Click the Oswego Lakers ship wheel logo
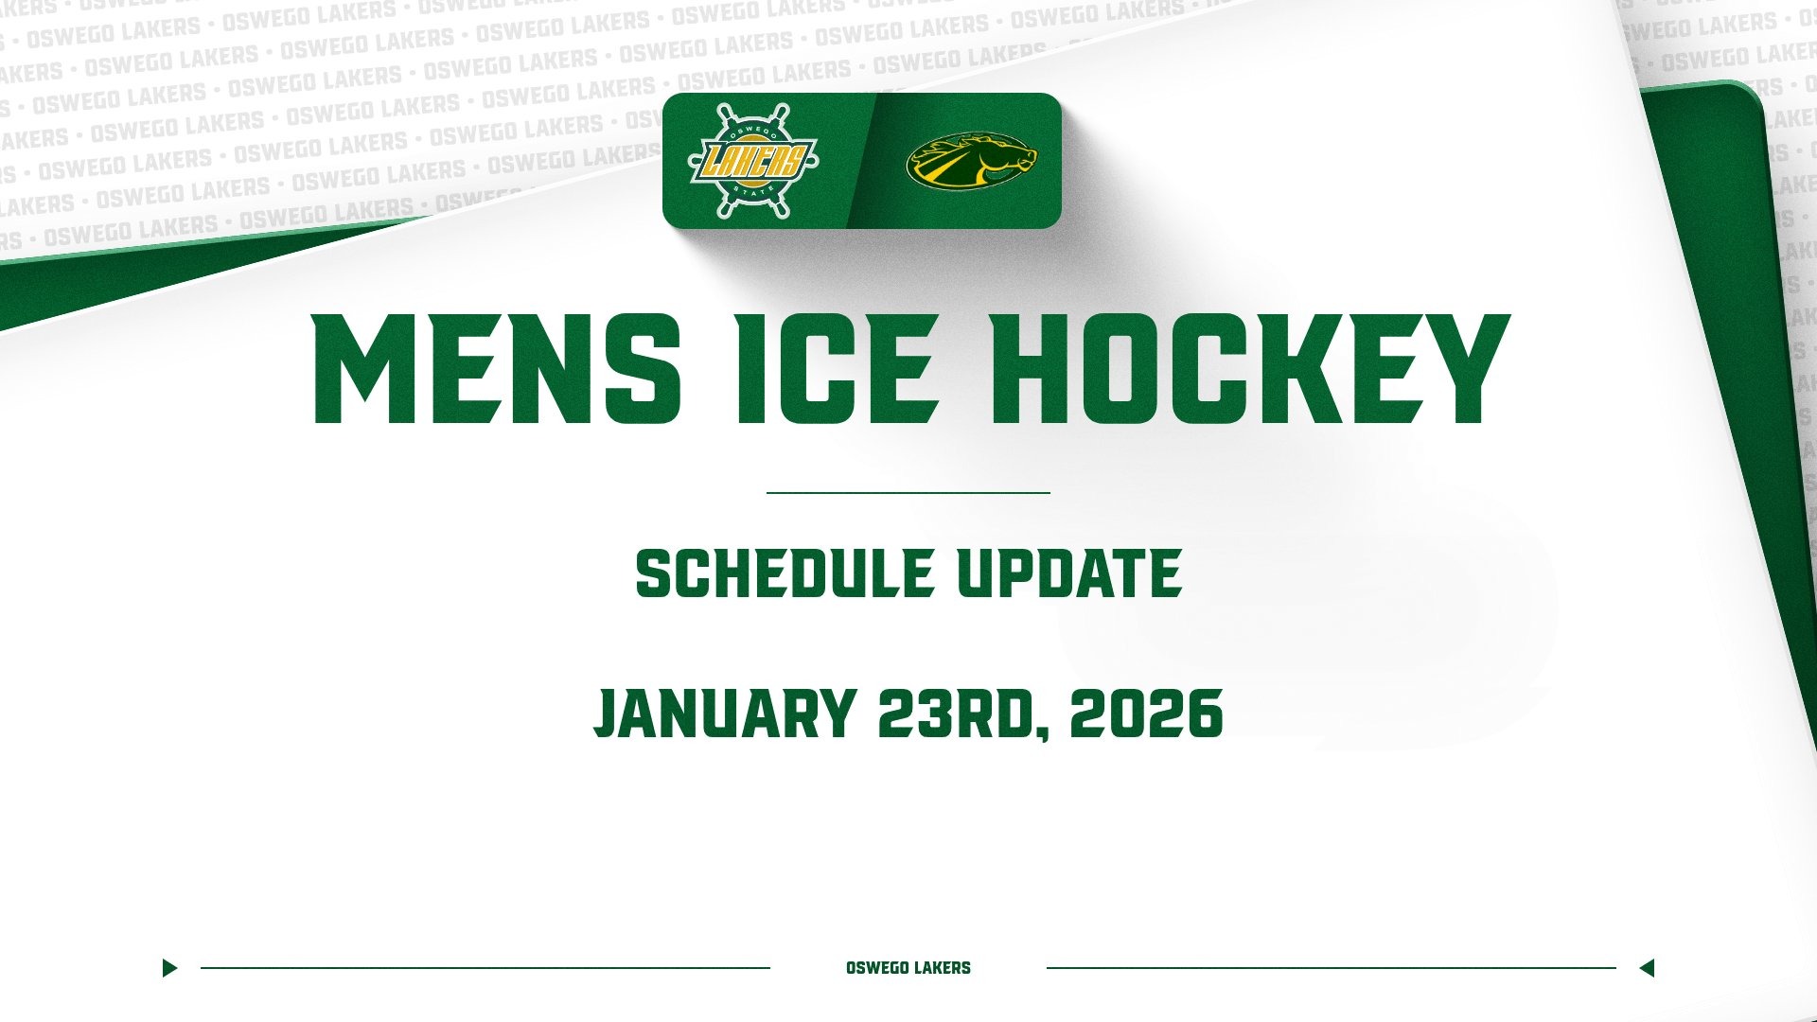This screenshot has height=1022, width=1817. [x=752, y=160]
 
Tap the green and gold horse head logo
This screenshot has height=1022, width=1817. [x=971, y=160]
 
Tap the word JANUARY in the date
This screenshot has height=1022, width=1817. [x=724, y=714]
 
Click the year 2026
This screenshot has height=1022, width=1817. [x=1146, y=714]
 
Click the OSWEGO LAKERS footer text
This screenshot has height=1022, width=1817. [x=908, y=968]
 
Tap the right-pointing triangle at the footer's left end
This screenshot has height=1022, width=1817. [x=169, y=968]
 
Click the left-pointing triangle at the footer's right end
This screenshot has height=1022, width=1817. [x=1647, y=968]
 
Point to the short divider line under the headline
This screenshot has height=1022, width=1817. [x=908, y=493]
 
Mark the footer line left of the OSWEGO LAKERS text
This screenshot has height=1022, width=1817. [x=485, y=968]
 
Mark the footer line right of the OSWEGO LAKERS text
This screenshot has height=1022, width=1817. [x=1331, y=968]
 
